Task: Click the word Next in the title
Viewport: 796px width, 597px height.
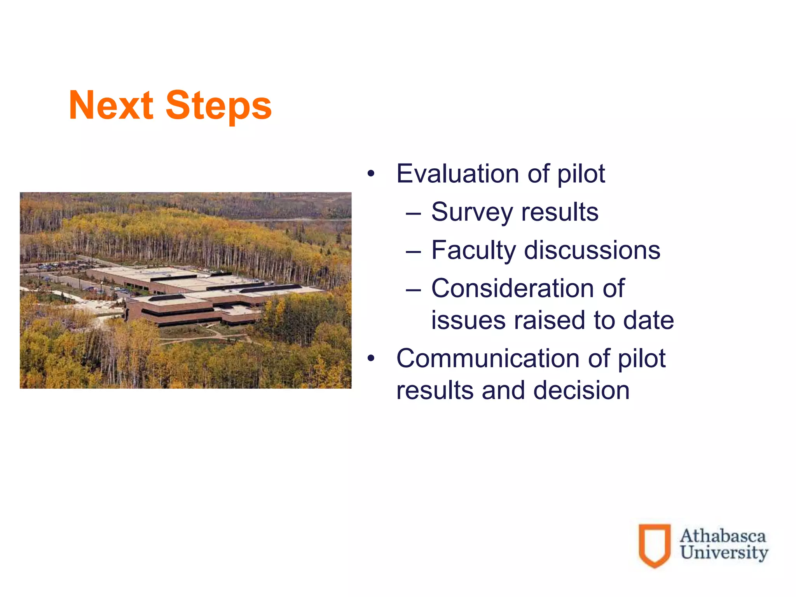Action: click(111, 105)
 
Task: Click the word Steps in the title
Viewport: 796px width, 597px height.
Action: click(218, 106)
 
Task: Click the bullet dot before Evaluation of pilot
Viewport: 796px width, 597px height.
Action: click(371, 174)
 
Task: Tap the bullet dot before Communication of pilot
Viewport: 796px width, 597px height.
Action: click(371, 358)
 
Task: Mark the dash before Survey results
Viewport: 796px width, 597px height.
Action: click(413, 213)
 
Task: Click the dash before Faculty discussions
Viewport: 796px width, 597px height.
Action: click(413, 251)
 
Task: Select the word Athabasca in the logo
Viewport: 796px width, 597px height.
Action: click(723, 536)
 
